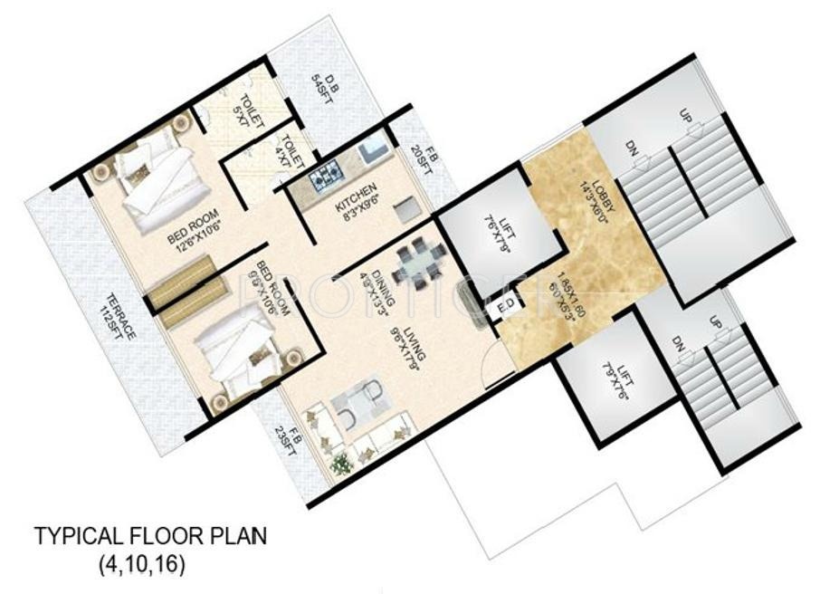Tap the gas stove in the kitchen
coord(326,175)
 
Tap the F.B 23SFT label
coord(288,446)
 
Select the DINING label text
coord(380,275)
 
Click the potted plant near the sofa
coord(341,465)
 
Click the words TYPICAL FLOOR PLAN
coord(150,537)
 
